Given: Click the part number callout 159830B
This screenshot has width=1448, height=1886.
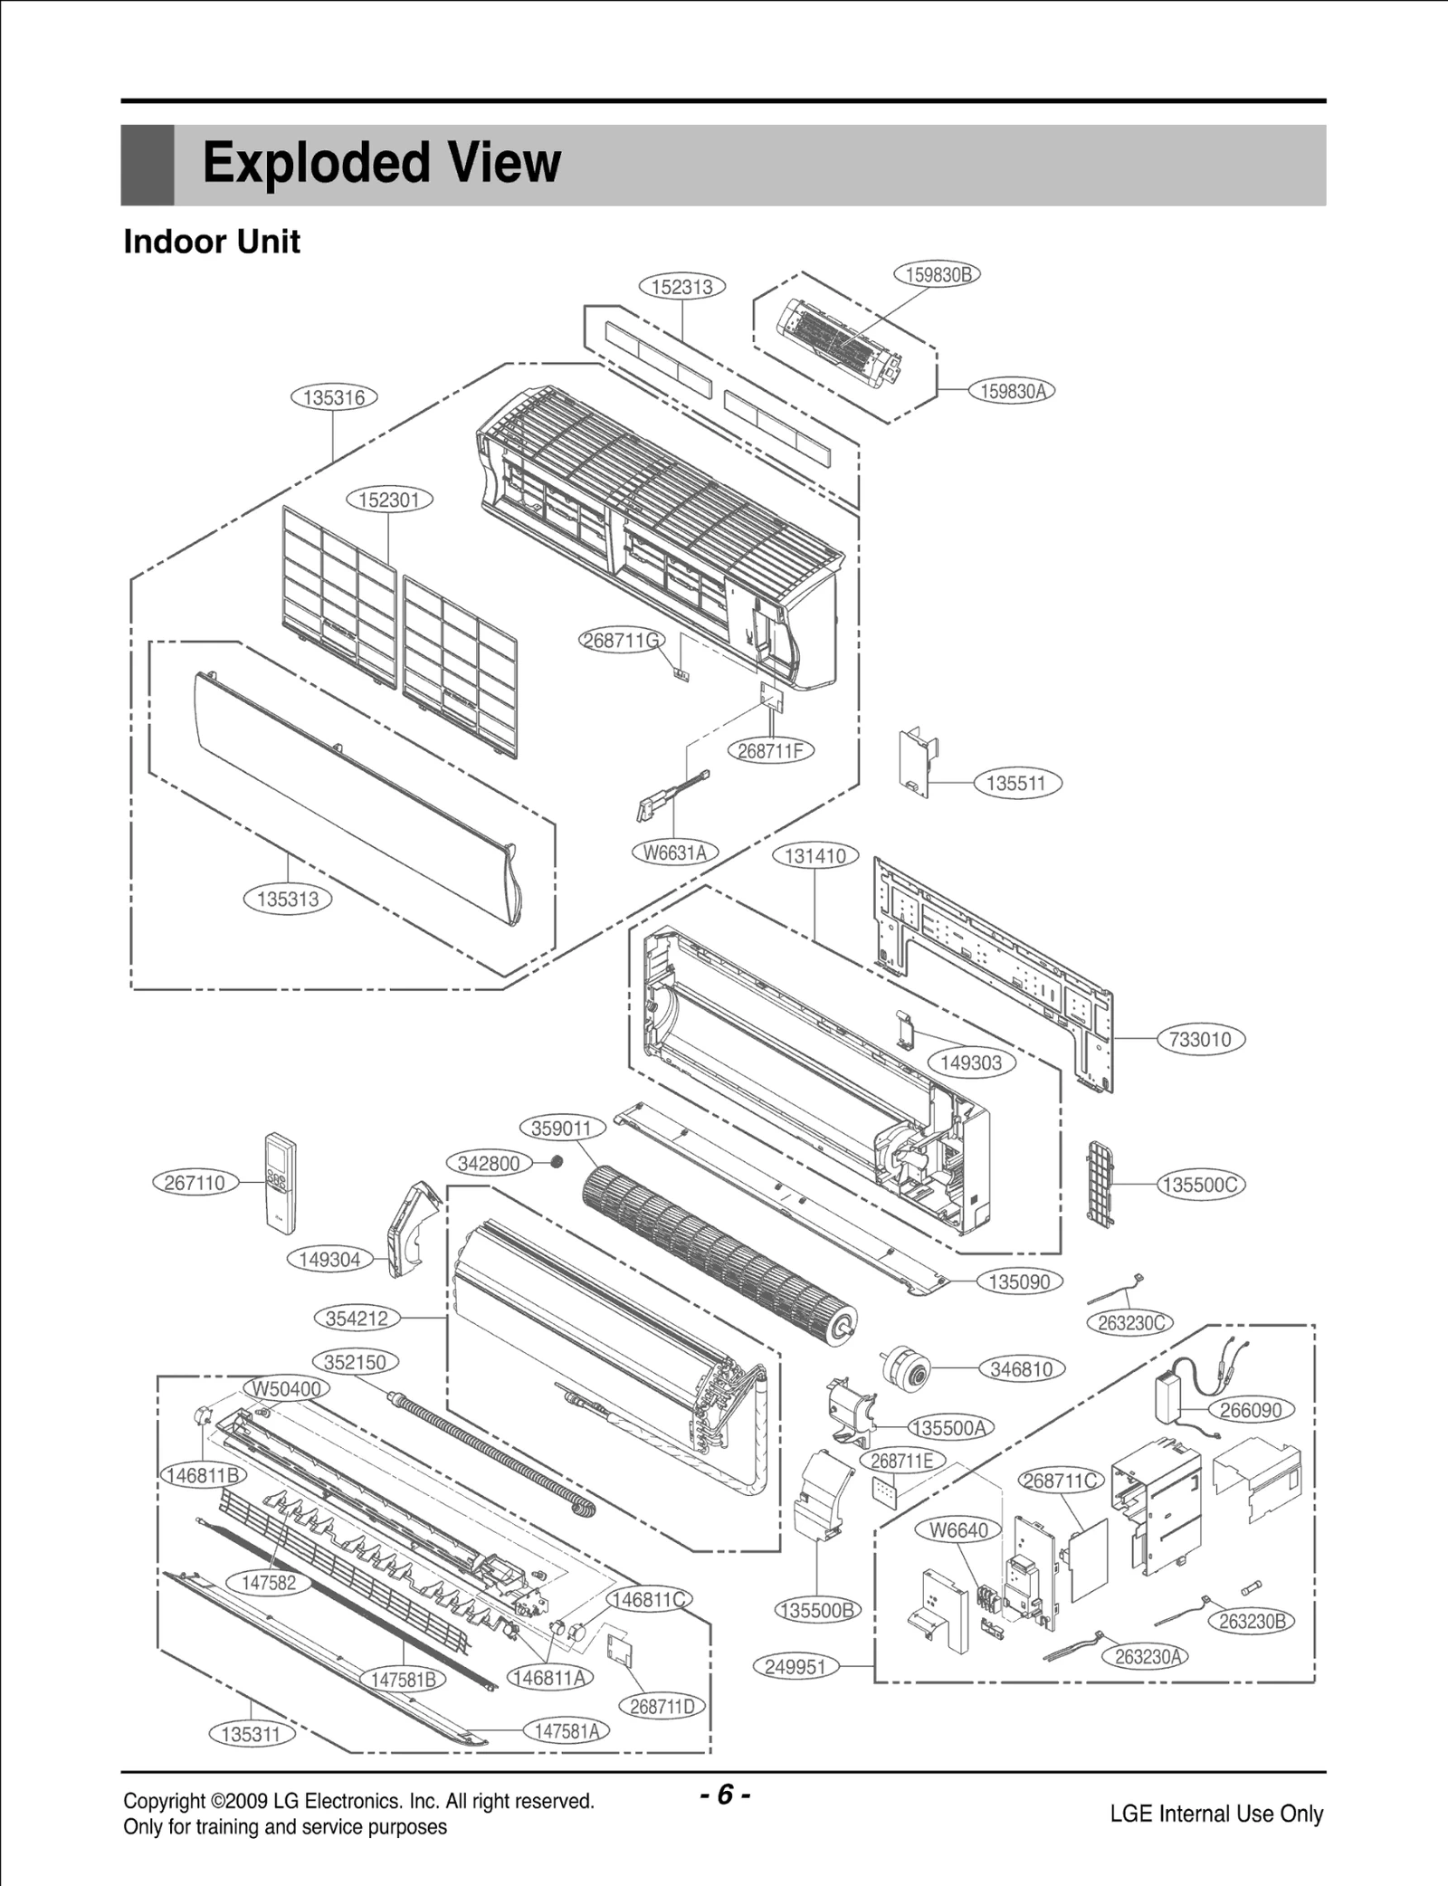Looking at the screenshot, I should (x=937, y=274).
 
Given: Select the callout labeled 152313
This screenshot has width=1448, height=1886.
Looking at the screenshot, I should (x=682, y=287).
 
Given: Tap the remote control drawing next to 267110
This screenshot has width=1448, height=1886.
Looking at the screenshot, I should (x=280, y=1182).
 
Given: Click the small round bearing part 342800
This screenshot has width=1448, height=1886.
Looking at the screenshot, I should (x=557, y=1161).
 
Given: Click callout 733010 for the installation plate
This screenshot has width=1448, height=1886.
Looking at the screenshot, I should (x=1201, y=1039).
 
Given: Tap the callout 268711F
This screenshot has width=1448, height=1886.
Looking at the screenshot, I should (x=770, y=750).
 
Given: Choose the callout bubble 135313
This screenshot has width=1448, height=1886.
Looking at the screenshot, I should (x=288, y=899).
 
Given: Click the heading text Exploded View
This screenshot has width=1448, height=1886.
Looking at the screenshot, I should (x=381, y=164).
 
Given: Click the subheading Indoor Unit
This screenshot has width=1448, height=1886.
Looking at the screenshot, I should (x=212, y=243).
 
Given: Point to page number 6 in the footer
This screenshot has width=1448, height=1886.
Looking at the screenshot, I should (x=724, y=1795).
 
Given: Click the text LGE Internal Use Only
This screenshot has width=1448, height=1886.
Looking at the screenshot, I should (x=1216, y=1814).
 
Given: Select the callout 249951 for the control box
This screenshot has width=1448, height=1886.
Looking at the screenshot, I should (x=795, y=1666).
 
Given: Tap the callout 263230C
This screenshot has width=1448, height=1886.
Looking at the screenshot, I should (x=1129, y=1322).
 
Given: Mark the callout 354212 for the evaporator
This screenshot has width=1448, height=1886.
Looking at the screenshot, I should (x=357, y=1318).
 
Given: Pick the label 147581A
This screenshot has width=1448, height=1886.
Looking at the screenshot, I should (x=567, y=1730).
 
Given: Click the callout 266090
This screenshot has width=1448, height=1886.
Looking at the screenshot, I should (x=1251, y=1409).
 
